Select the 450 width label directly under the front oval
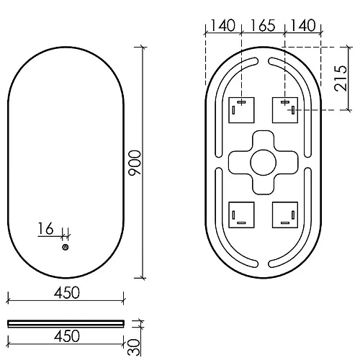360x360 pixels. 66,292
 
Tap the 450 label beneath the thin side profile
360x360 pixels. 66,336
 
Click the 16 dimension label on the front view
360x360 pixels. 45,230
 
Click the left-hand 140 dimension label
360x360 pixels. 222,26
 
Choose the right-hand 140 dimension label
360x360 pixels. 302,26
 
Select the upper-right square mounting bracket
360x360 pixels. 284,109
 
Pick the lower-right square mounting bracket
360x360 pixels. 284,214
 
